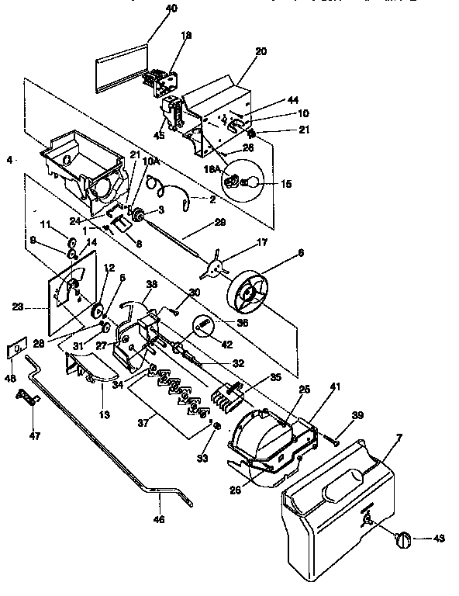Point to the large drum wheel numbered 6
(254, 296)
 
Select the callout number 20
(261, 51)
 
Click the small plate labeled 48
(15, 350)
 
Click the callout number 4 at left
(9, 161)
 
